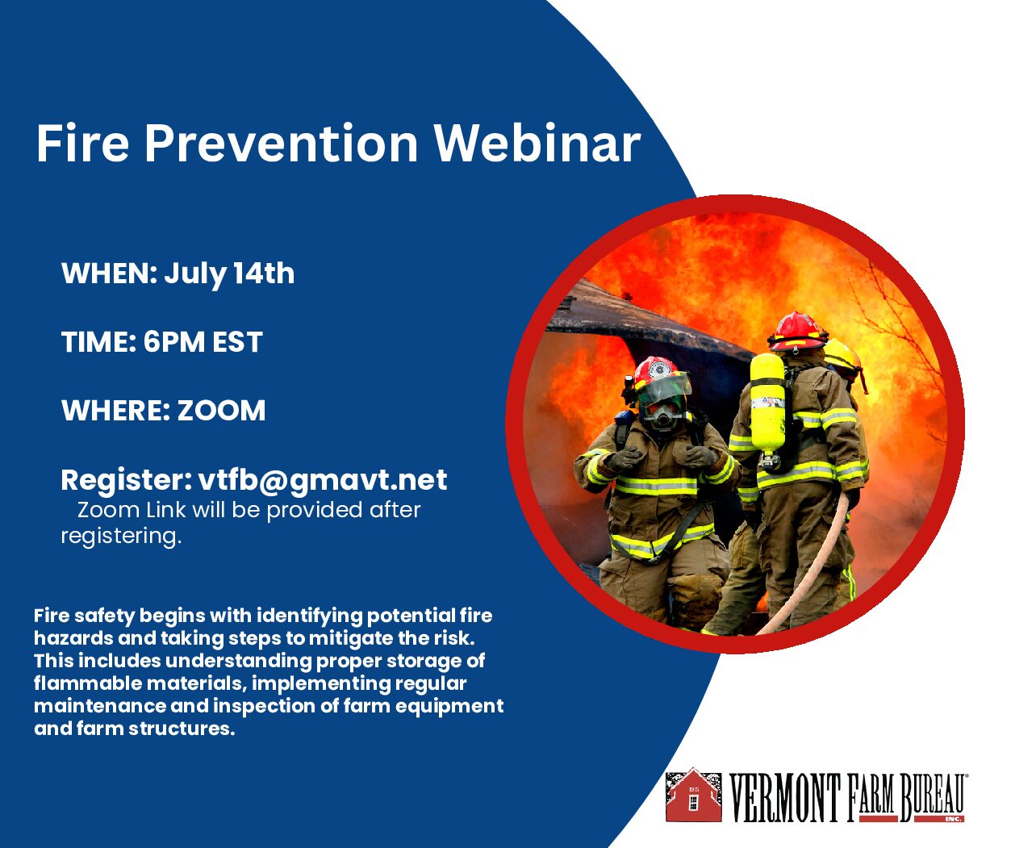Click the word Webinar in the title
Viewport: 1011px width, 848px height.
pyautogui.click(x=537, y=144)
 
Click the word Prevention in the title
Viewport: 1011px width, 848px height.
pyautogui.click(x=282, y=144)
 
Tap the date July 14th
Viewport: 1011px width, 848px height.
pyautogui.click(x=229, y=274)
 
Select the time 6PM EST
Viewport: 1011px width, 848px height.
pyautogui.click(x=203, y=342)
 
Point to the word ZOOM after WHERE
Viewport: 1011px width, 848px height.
pyautogui.click(x=221, y=411)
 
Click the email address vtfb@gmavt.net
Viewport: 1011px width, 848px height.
pyautogui.click(x=323, y=481)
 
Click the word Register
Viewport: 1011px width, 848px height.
pyautogui.click(x=127, y=481)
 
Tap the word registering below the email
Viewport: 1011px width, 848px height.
pyautogui.click(x=121, y=537)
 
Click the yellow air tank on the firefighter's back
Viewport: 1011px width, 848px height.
pyautogui.click(x=767, y=404)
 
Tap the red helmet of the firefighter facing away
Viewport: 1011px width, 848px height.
pyautogui.click(x=798, y=332)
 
